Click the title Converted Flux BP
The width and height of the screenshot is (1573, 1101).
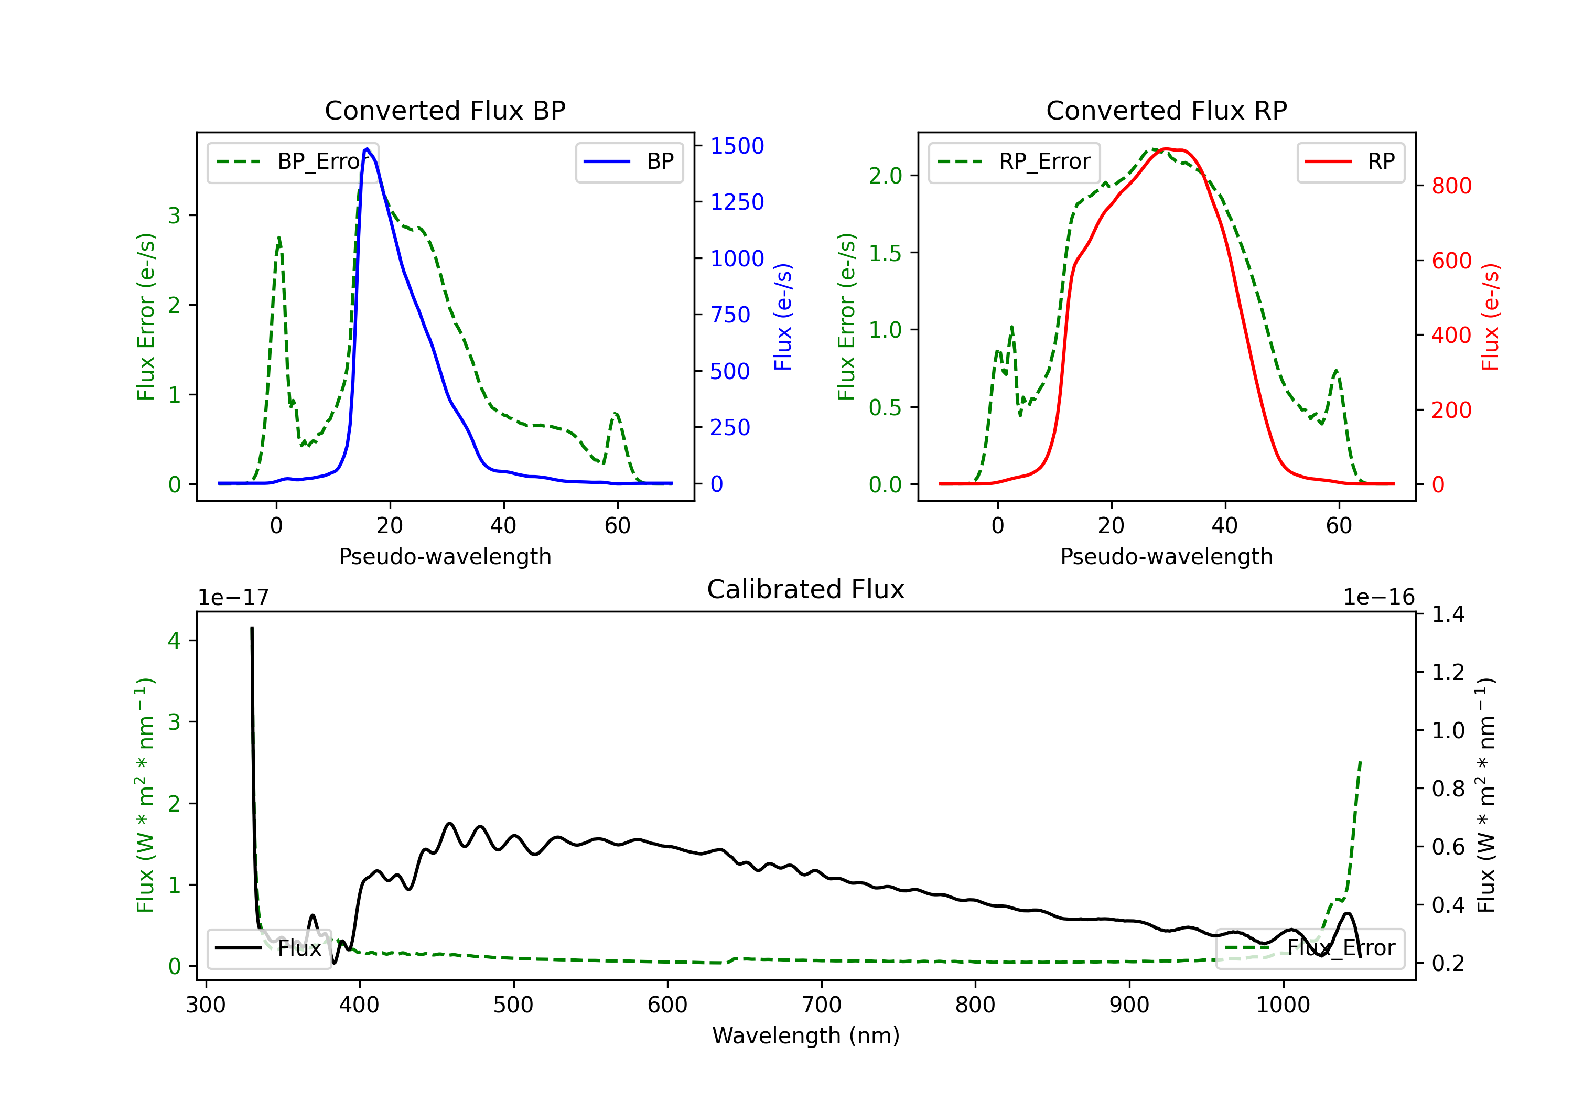[x=445, y=110]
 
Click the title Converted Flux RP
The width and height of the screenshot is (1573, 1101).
[x=1166, y=110]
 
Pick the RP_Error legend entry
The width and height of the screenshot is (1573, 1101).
[x=1014, y=161]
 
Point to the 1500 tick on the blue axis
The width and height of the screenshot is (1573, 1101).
[x=737, y=146]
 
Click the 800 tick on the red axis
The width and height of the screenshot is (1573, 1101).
[x=1451, y=186]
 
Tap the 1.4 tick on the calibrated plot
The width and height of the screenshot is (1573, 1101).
[x=1448, y=614]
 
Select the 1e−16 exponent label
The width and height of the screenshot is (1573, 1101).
[x=1378, y=598]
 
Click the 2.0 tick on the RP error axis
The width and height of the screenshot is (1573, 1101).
[x=885, y=176]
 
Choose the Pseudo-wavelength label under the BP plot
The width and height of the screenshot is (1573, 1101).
[x=445, y=556]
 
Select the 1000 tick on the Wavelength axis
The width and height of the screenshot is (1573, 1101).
[x=1283, y=1005]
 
